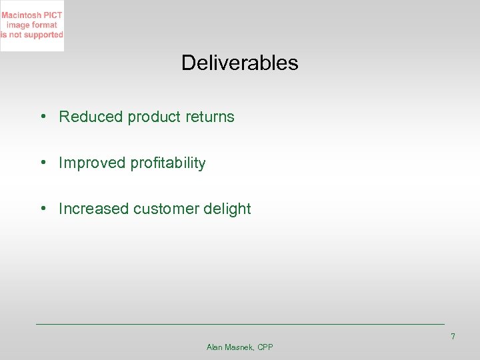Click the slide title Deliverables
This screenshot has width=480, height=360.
point(239,63)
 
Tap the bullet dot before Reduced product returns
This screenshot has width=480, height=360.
point(42,117)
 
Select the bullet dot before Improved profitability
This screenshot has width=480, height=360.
point(42,163)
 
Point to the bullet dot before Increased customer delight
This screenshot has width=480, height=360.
point(42,209)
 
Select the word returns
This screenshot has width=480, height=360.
point(210,117)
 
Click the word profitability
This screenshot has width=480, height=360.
point(168,163)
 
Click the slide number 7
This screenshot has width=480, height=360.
point(453,337)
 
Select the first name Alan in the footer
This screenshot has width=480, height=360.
point(215,347)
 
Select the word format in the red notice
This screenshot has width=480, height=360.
point(44,25)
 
